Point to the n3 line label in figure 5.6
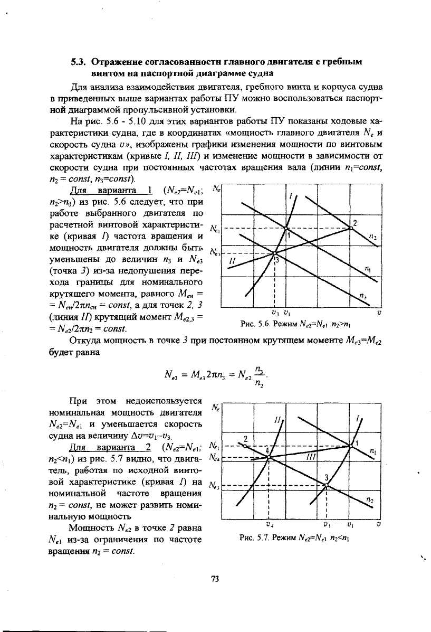click(x=362, y=295)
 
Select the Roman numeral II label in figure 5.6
click(x=232, y=261)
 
